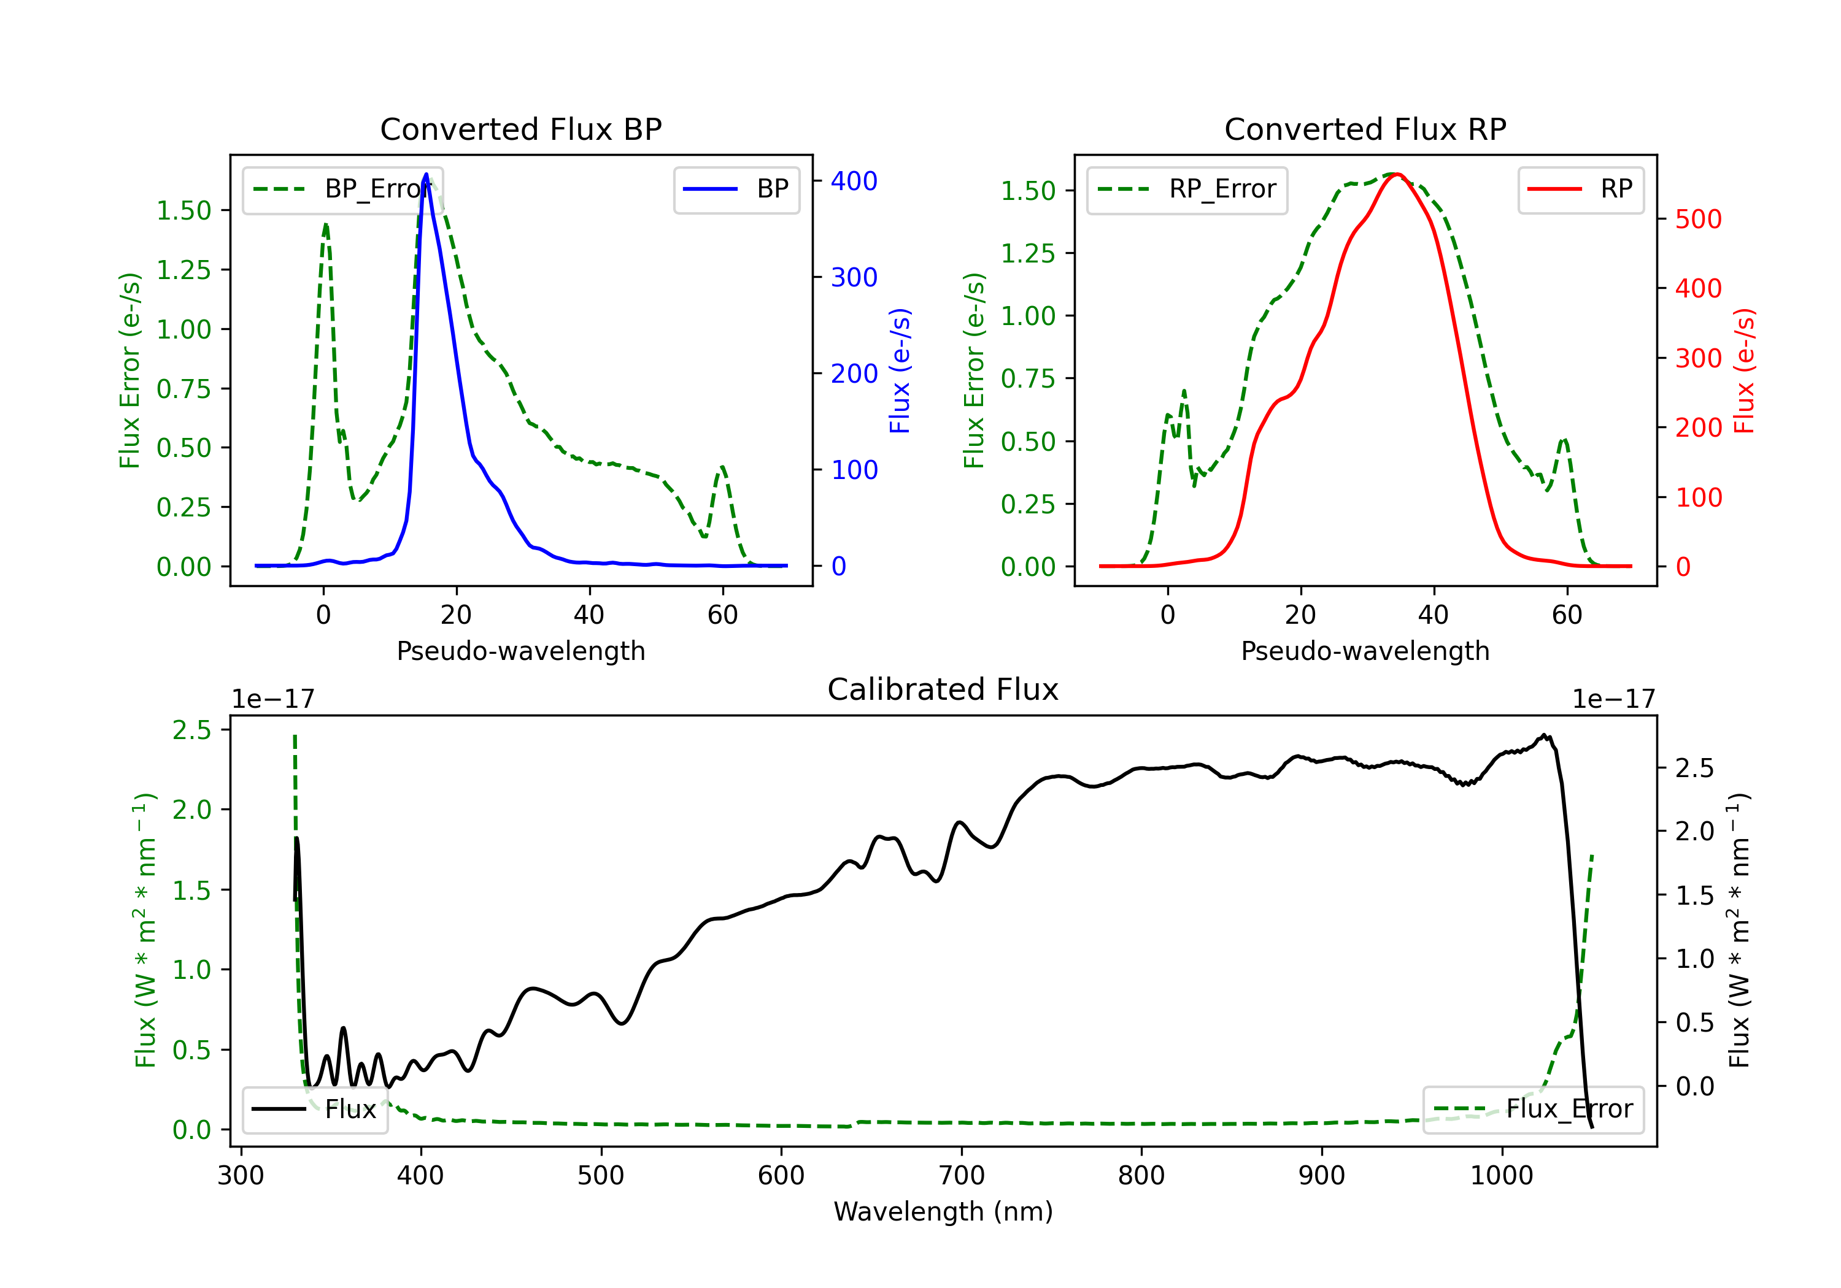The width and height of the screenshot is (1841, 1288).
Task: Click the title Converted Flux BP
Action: click(x=520, y=129)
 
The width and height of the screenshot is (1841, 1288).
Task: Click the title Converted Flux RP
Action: click(x=1365, y=129)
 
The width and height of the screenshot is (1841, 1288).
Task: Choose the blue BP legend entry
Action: click(x=736, y=189)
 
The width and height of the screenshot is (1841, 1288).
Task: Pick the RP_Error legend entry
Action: click(x=1187, y=189)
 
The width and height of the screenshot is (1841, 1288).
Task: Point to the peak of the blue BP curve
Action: click(x=426, y=175)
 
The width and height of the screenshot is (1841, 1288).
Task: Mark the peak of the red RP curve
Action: click(x=1396, y=174)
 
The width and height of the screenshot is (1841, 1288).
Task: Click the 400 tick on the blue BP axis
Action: click(x=854, y=181)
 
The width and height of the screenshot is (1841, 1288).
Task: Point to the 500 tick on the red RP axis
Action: click(x=1698, y=219)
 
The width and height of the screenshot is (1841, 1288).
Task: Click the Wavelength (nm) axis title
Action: click(x=943, y=1211)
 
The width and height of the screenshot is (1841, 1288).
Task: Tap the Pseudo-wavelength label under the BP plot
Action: click(x=520, y=651)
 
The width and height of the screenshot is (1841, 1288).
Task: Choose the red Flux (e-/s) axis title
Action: click(x=1743, y=371)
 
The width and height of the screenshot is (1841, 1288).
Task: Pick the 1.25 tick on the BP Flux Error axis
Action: click(x=183, y=270)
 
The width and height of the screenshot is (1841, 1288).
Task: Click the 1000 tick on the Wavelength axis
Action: click(x=1501, y=1175)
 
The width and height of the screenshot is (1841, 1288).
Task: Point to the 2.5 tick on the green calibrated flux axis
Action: click(x=191, y=730)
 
